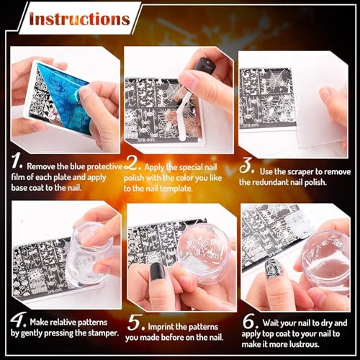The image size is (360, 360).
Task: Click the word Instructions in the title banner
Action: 79,18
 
